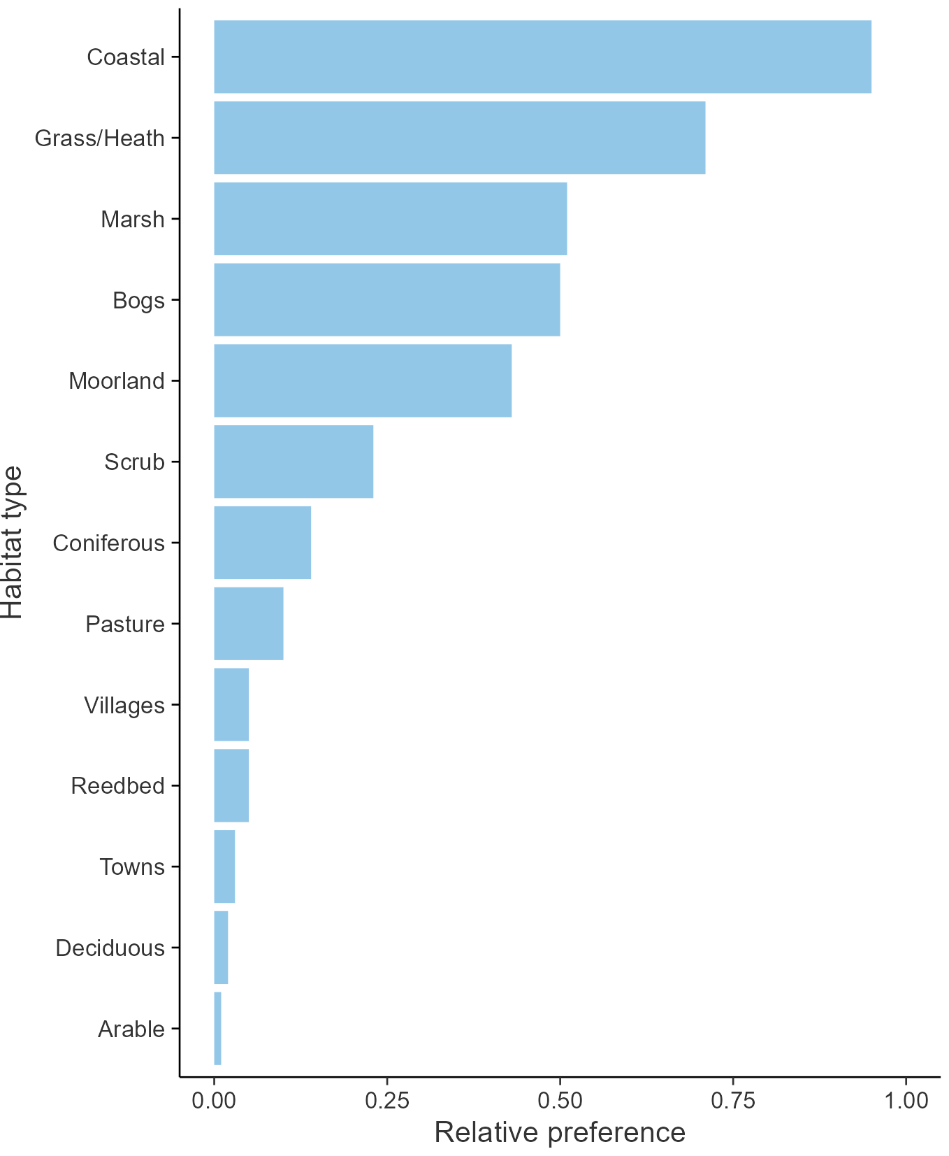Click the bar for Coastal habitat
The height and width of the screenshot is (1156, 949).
pos(542,57)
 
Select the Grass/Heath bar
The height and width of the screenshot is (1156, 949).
pos(459,138)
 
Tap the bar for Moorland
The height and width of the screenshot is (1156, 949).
pos(363,380)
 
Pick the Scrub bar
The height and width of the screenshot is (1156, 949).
pos(294,462)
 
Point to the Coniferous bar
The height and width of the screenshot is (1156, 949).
pos(262,543)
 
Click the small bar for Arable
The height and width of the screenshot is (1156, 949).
pos(217,1029)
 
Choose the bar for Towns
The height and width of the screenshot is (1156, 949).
pos(224,866)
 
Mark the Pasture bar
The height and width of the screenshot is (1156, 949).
pos(248,624)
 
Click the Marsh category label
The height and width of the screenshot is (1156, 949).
pos(133,220)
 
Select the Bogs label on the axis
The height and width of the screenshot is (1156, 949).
pos(138,301)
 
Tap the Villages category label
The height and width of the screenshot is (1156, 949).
pos(124,705)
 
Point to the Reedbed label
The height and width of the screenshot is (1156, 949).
pos(117,786)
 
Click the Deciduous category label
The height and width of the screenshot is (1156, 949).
pos(110,948)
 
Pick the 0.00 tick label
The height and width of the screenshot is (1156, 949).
pos(214,1101)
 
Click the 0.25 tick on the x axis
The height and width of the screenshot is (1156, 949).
pos(386,1101)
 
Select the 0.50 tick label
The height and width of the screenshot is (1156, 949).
pos(560,1101)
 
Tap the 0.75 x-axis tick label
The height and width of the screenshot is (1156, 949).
pos(733,1101)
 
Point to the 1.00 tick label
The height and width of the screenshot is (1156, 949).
pos(906,1101)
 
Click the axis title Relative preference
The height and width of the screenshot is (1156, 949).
pos(560,1132)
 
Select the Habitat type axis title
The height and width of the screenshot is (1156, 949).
pos(13,543)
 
